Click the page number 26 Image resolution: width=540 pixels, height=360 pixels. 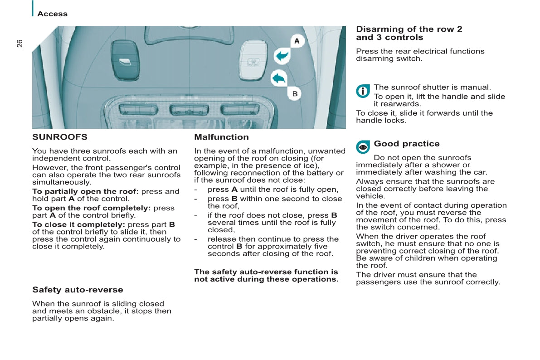click(x=19, y=44)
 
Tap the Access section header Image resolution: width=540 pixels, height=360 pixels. click(x=52, y=14)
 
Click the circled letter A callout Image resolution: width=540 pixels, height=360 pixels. click(x=297, y=41)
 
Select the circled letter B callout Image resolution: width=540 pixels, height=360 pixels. click(x=295, y=94)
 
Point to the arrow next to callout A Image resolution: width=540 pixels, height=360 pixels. click(x=282, y=56)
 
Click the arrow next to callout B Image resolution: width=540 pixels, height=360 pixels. click(x=278, y=78)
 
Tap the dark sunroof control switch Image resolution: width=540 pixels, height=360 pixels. click(x=125, y=59)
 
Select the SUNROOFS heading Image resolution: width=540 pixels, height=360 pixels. click(x=60, y=137)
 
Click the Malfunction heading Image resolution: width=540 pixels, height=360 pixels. click(x=221, y=137)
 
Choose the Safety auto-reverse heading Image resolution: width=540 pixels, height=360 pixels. click(x=78, y=290)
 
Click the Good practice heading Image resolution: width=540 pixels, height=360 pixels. click(x=407, y=144)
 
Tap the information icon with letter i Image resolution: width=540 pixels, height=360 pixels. click(x=363, y=91)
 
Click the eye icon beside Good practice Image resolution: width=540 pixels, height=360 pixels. click(x=363, y=147)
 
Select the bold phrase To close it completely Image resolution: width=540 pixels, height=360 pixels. click(x=78, y=224)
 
